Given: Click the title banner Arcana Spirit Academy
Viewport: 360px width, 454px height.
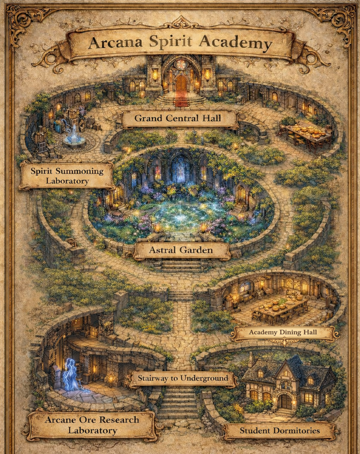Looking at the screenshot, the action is (180, 43).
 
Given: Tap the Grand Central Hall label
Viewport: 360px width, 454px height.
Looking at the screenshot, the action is (178, 119).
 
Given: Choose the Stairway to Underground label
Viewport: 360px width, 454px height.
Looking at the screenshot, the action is (180, 378).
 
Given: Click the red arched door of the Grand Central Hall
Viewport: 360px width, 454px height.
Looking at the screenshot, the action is (180, 85).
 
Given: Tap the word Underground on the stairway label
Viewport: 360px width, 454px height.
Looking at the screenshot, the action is (202, 378).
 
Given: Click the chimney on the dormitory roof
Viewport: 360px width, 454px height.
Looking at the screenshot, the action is (251, 359).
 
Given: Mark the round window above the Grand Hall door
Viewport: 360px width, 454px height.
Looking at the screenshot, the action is (180, 64).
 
